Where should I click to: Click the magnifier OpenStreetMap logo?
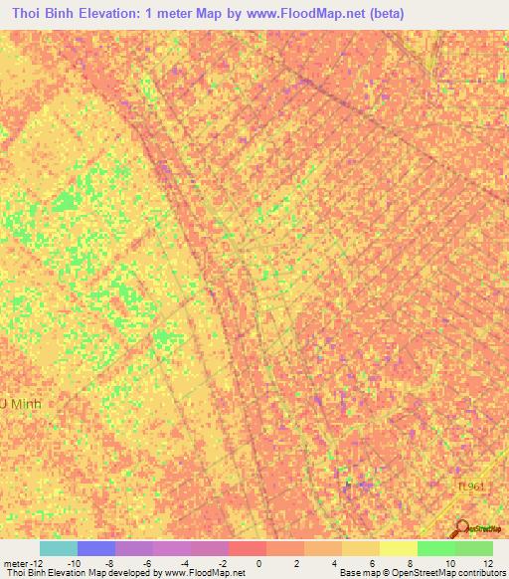pyautogui.click(x=463, y=529)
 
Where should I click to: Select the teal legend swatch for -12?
pyautogui.click(x=58, y=548)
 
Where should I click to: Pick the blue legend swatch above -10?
pyautogui.click(x=95, y=548)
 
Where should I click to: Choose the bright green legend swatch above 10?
pyautogui.click(x=435, y=548)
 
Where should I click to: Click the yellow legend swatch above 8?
pyautogui.click(x=398, y=548)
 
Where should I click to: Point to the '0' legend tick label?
pyautogui.click(x=258, y=563)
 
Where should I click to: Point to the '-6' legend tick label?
pyautogui.click(x=147, y=563)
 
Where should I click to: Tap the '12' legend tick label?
pyautogui.click(x=487, y=563)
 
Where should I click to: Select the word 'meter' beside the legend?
pyautogui.click(x=13, y=563)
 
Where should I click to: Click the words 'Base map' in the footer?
pyautogui.click(x=359, y=573)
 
